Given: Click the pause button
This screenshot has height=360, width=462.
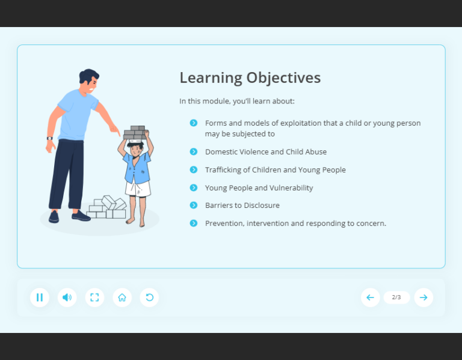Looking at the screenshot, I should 40,297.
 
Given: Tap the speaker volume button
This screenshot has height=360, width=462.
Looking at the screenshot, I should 67,297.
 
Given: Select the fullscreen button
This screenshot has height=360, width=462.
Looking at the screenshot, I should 94,297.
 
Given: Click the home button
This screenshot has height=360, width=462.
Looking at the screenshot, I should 122,297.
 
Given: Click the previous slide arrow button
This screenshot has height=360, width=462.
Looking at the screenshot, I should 370,297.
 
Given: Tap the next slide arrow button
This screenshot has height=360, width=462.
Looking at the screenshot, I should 423,297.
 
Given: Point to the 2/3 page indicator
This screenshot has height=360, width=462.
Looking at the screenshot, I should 396,297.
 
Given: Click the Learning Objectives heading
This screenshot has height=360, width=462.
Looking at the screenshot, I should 250,78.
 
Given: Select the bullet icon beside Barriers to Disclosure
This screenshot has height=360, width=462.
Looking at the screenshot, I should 194,205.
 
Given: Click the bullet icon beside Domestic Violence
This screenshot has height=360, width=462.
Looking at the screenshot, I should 194,151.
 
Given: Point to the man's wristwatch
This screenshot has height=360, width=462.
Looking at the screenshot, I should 50,138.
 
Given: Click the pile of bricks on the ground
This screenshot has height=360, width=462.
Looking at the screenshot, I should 106,207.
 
